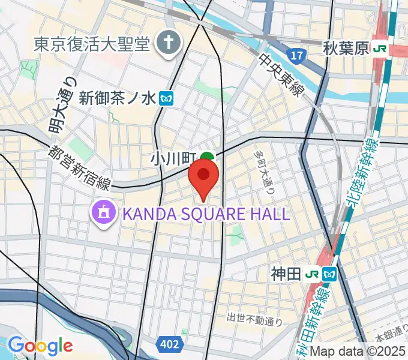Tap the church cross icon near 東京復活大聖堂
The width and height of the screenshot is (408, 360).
pyautogui.click(x=169, y=43)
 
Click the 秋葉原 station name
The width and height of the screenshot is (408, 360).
pyautogui.click(x=344, y=48)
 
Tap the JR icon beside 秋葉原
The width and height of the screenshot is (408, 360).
pyautogui.click(x=379, y=48)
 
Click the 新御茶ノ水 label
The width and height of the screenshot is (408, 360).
pyautogui.click(x=117, y=97)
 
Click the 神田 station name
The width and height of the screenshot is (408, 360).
pyautogui.click(x=285, y=274)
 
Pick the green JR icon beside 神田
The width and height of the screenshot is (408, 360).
pyautogui.click(x=311, y=274)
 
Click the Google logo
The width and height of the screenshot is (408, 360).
pyautogui.click(x=40, y=346)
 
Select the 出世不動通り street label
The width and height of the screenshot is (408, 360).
pyautogui.click(x=254, y=319)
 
